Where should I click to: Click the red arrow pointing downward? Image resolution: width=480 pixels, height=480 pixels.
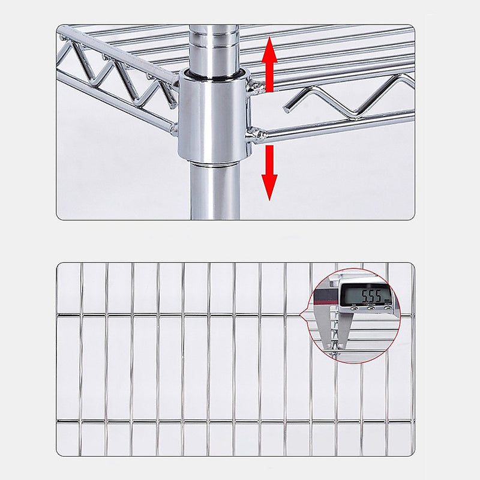269,174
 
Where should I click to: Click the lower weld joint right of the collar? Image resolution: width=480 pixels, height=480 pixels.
255,134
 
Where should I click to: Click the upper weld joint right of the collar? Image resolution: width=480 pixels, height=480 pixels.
257,88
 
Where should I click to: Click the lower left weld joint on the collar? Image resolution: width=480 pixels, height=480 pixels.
175,128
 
